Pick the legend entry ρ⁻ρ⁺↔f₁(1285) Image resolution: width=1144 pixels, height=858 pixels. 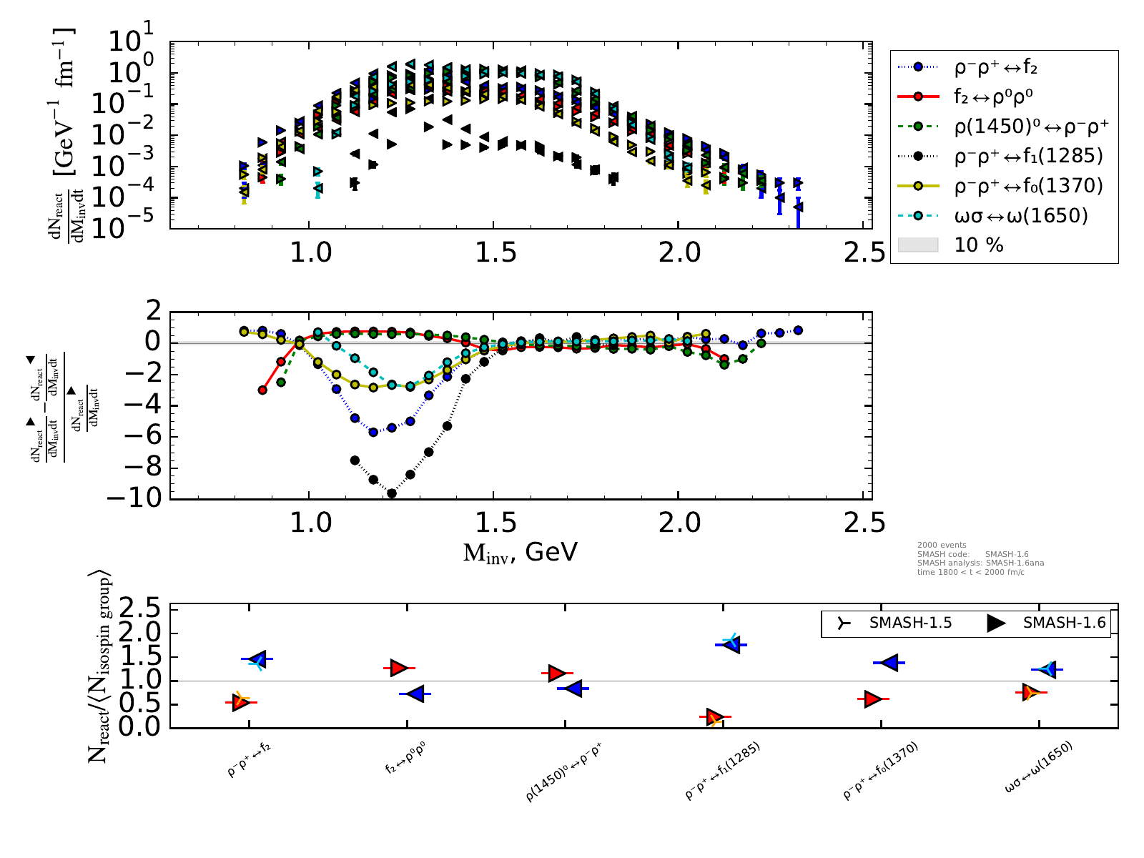[1028, 156]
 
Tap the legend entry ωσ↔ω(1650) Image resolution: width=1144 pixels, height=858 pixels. [1021, 215]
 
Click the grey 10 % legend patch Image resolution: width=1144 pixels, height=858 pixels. [917, 245]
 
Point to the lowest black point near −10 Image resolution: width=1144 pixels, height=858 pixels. [391, 493]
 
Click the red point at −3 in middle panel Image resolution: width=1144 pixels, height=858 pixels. [262, 390]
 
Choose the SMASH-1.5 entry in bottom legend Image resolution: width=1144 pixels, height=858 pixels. [894, 623]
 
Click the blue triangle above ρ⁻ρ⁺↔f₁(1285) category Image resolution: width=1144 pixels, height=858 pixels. [731, 644]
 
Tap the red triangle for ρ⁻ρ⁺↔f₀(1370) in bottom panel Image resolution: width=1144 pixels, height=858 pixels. [872, 699]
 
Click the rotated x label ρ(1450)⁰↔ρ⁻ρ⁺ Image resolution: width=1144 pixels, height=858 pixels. [564, 772]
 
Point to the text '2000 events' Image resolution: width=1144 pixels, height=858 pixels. [942, 546]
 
